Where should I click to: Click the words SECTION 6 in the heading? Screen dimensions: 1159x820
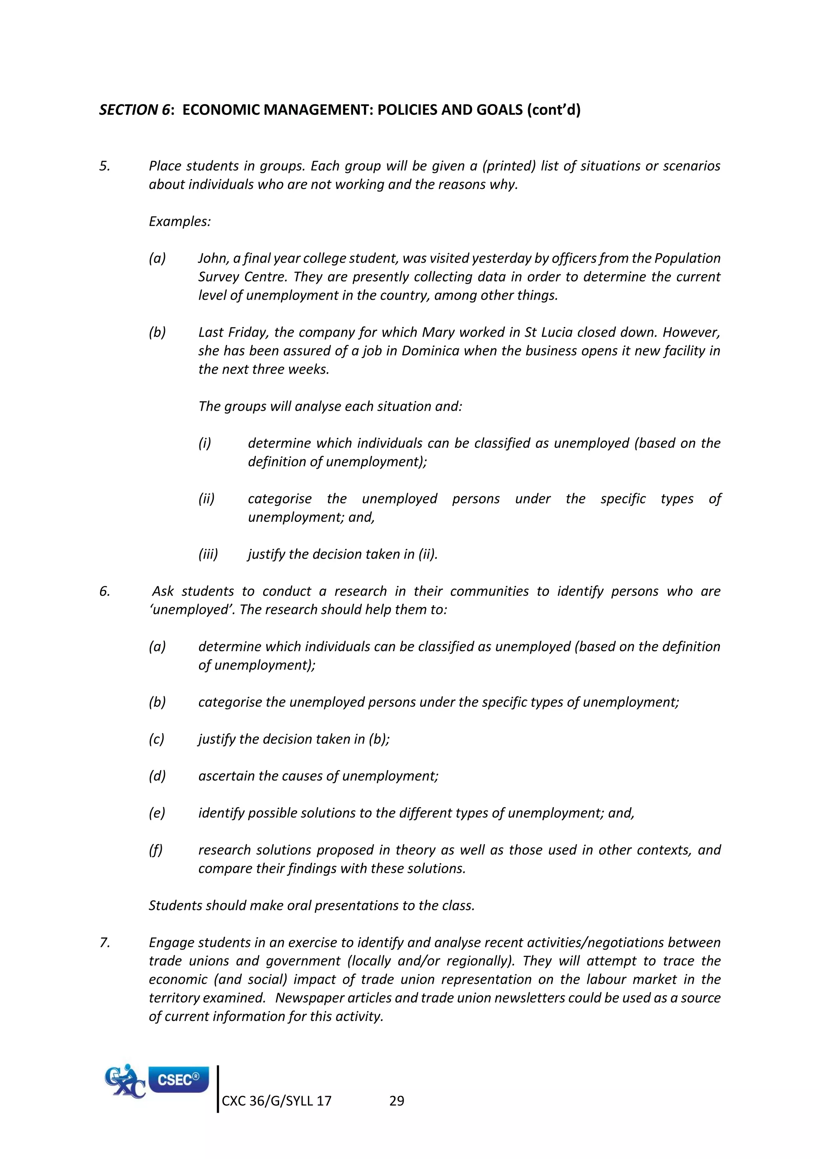(x=134, y=110)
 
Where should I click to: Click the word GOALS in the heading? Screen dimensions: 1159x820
(x=499, y=110)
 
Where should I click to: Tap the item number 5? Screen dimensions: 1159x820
(x=104, y=166)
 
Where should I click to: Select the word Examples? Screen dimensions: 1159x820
(x=179, y=222)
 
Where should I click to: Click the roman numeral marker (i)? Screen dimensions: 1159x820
(x=205, y=443)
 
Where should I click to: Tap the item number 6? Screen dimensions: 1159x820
(x=104, y=591)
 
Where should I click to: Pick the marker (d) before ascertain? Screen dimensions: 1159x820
(x=157, y=776)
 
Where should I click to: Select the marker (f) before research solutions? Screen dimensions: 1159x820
(x=155, y=850)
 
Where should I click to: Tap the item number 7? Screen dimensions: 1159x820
(x=104, y=942)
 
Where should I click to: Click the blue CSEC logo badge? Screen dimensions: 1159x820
(x=178, y=1080)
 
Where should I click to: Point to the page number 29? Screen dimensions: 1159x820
(x=396, y=1101)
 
